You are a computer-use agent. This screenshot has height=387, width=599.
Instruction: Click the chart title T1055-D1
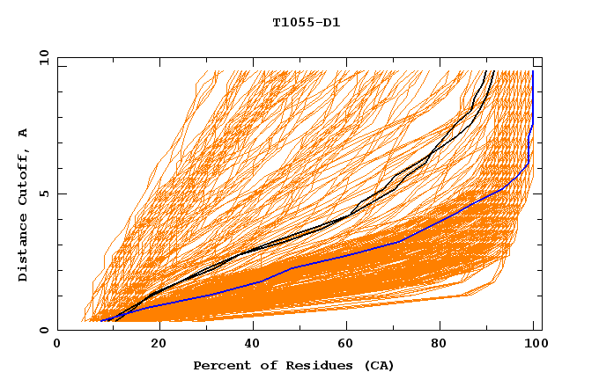(306, 23)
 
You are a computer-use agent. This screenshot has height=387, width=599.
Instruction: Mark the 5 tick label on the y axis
(44, 193)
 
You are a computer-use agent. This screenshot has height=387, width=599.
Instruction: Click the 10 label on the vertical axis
(41, 57)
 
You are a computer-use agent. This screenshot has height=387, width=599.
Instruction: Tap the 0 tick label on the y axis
(44, 330)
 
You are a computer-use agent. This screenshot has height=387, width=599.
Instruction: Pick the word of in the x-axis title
(261, 365)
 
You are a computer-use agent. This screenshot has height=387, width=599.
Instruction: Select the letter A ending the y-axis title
(24, 133)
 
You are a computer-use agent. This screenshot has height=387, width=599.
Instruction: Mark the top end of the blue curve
(533, 71)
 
